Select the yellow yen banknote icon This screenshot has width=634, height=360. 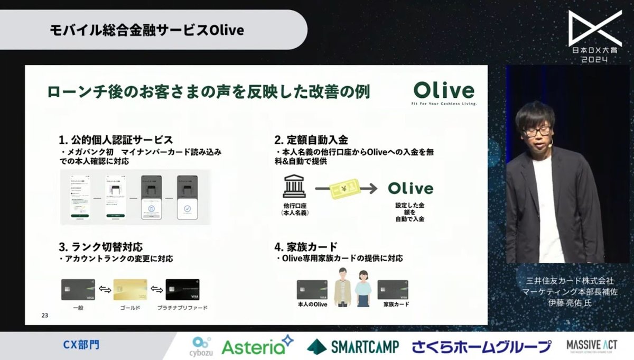pyautogui.click(x=344, y=188)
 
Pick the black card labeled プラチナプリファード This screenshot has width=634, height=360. pyautogui.click(x=183, y=290)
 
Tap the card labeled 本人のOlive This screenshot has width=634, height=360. pyautogui.click(x=312, y=290)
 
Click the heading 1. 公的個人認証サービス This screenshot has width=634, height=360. pyautogui.click(x=116, y=140)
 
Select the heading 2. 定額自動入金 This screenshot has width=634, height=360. pyautogui.click(x=311, y=140)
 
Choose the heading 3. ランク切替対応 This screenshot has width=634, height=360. pyautogui.click(x=100, y=247)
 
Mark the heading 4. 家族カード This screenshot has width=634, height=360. pyautogui.click(x=306, y=247)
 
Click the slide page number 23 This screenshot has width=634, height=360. pyautogui.click(x=44, y=316)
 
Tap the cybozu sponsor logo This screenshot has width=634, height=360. pyautogui.click(x=201, y=346)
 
